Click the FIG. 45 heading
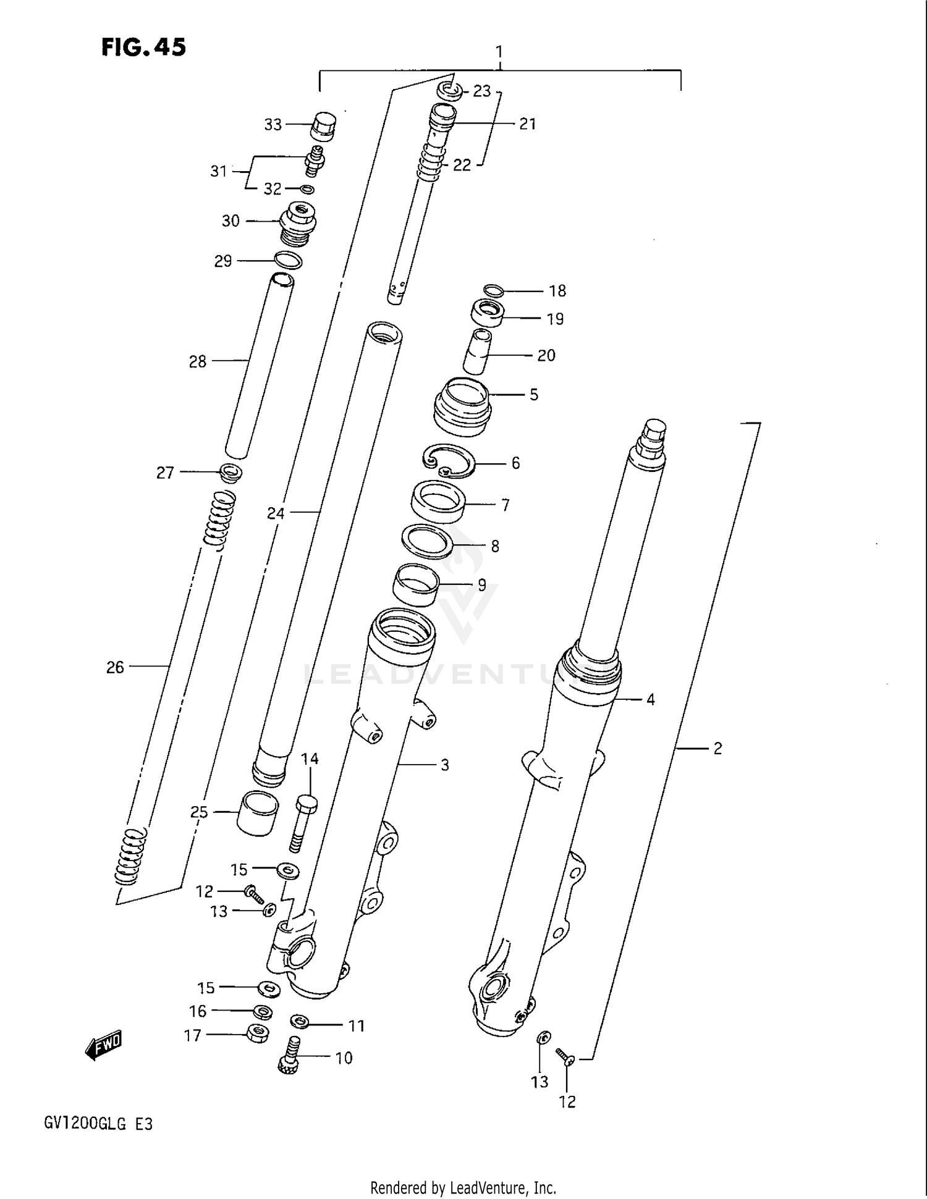click(143, 48)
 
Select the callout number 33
click(273, 125)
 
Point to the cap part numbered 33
click(324, 127)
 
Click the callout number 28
click(197, 362)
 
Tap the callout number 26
click(115, 668)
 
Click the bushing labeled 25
click(258, 813)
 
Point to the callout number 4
click(650, 700)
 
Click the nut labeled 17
click(257, 1033)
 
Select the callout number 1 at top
click(499, 52)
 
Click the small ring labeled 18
click(494, 290)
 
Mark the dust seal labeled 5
click(462, 406)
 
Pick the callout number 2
click(717, 749)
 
